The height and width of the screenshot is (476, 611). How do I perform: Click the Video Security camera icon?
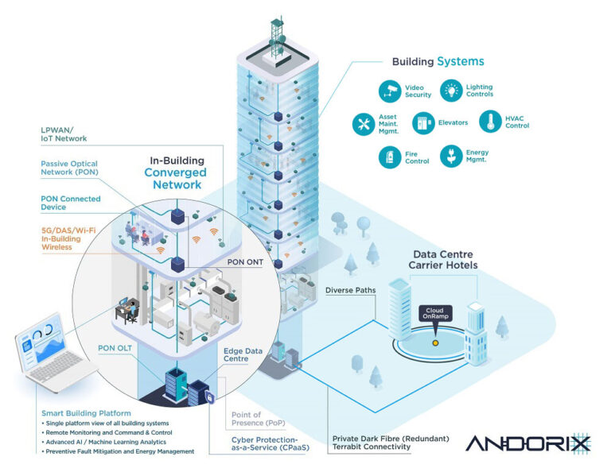click(391, 90)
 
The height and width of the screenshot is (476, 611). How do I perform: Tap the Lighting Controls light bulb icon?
click(452, 90)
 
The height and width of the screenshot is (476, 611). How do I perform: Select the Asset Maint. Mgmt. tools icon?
click(364, 123)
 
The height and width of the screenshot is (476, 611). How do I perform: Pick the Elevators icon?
click(422, 123)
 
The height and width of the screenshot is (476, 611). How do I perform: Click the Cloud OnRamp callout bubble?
click(434, 313)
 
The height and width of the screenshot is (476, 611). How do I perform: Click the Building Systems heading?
click(438, 61)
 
